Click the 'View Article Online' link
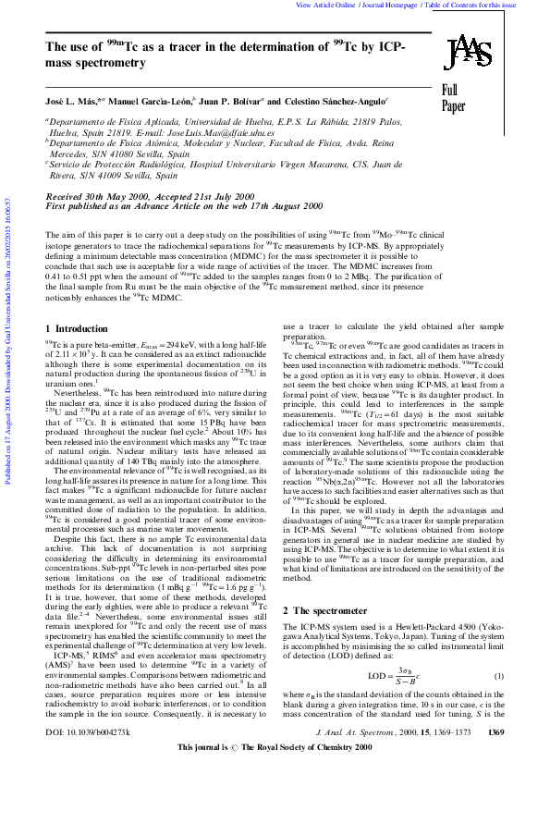[x=325, y=5]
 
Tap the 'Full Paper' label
[x=453, y=98]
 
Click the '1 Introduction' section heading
[x=77, y=328]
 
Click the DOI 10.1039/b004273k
[x=88, y=782]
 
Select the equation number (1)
[x=498, y=676]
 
